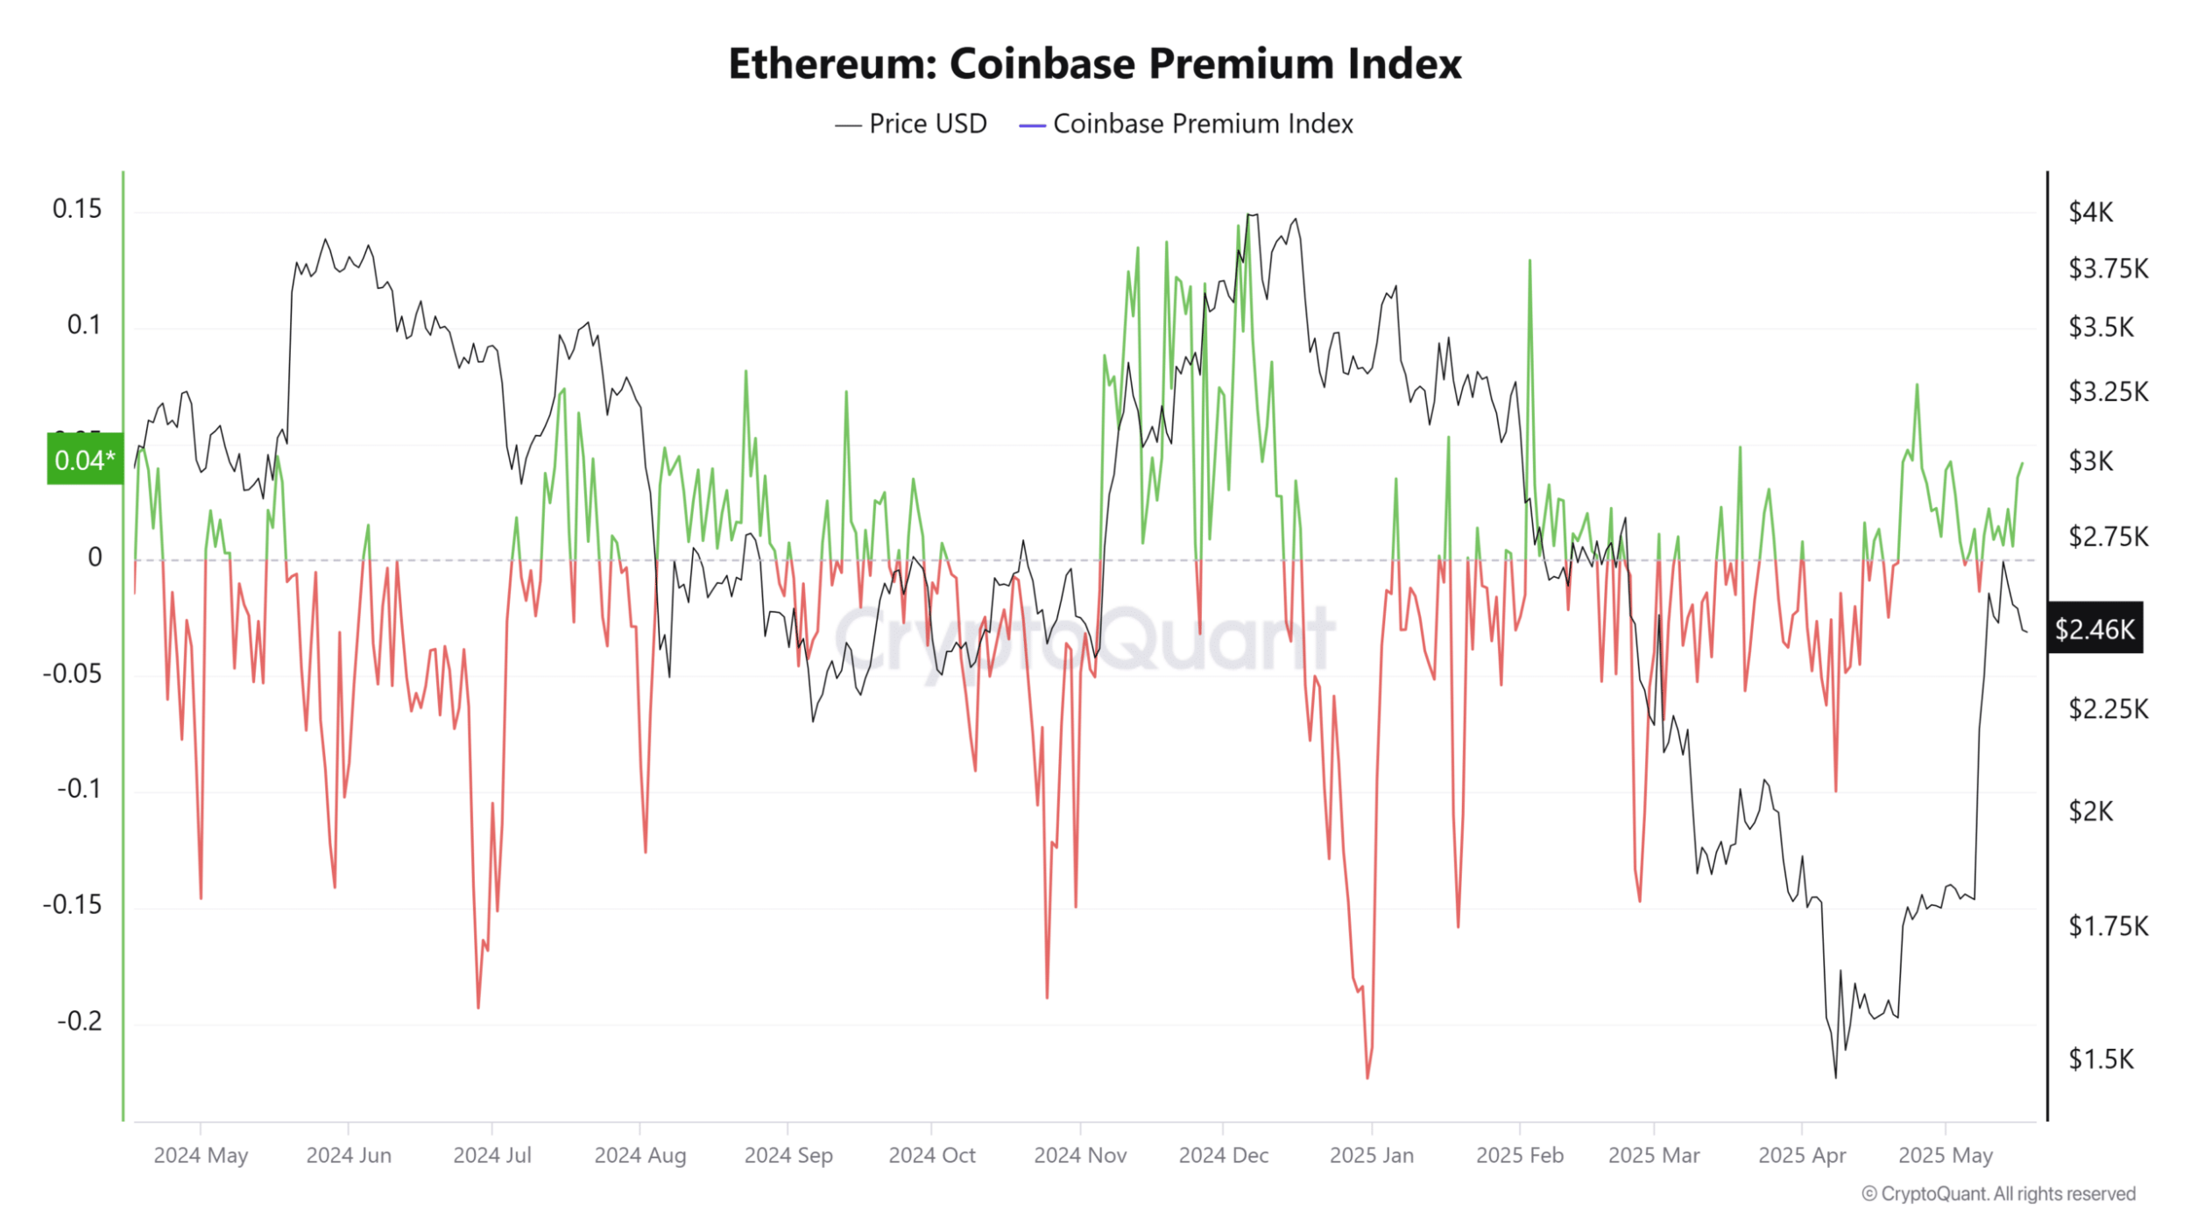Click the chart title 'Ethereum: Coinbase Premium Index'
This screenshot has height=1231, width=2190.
click(1094, 64)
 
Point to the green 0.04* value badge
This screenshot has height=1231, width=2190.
click(85, 460)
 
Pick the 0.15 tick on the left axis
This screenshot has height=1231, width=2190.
click(77, 209)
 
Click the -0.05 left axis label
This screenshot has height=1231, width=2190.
click(73, 673)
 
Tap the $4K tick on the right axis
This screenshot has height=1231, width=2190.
click(2090, 212)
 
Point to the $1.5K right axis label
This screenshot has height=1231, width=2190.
click(2101, 1059)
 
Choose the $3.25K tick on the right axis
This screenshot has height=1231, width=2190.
click(2108, 391)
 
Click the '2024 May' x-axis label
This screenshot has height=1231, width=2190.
click(201, 1156)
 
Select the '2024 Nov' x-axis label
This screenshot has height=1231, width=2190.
click(1080, 1156)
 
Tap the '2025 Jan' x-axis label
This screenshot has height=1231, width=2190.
click(1371, 1156)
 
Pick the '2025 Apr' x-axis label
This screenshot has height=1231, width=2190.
click(1801, 1156)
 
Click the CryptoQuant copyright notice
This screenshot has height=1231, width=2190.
click(1998, 1194)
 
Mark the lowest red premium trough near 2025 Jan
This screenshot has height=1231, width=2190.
click(1367, 1077)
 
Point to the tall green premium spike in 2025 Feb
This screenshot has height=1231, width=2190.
click(1529, 261)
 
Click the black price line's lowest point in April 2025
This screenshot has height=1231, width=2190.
click(1835, 1077)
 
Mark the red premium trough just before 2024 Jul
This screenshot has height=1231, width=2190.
click(478, 1007)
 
